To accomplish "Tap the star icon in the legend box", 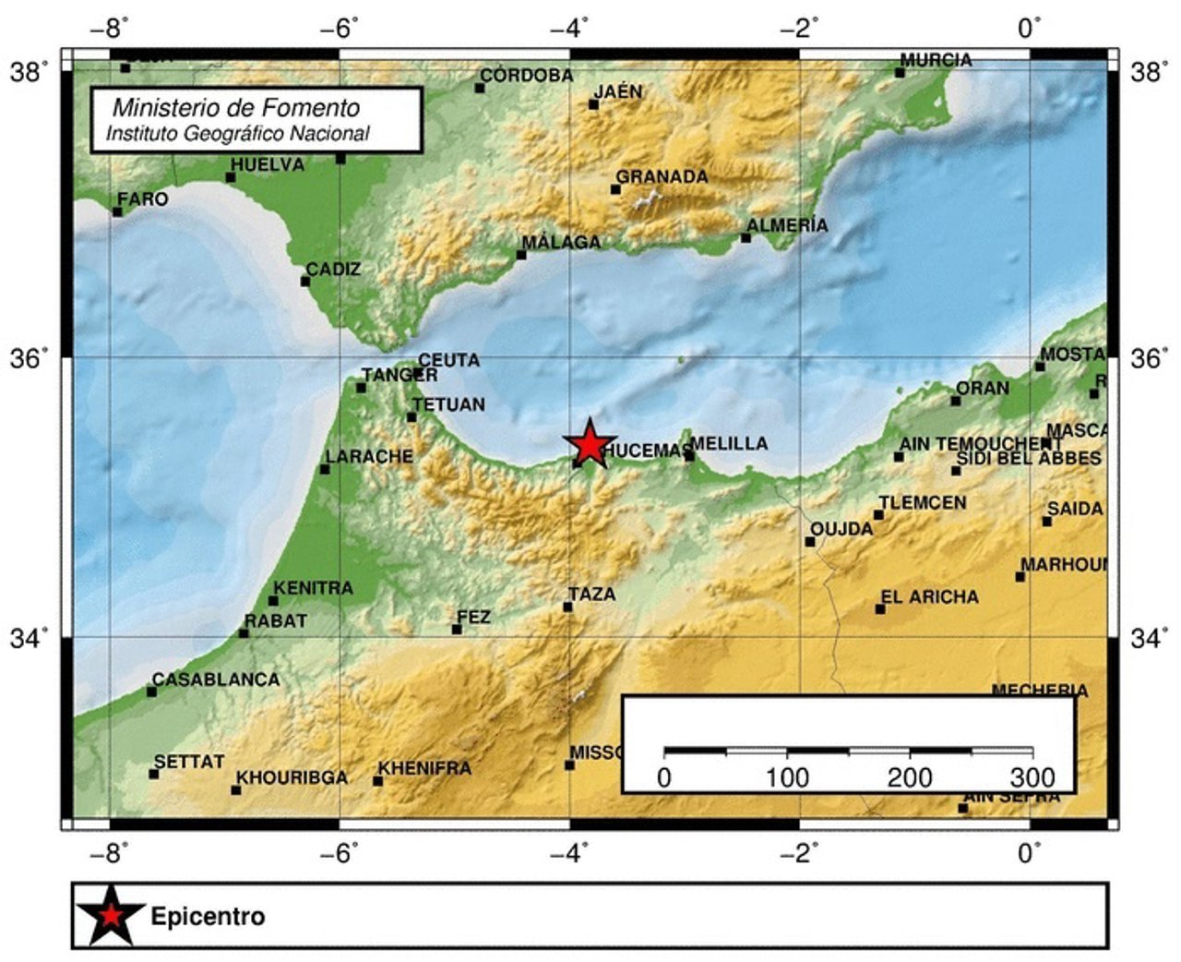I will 111,916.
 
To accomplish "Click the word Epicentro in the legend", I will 208,917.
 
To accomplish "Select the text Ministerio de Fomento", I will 236,107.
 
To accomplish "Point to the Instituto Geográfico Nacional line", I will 238,133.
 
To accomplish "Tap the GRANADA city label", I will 662,176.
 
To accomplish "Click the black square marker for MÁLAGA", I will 521,255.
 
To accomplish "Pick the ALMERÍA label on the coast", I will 787,225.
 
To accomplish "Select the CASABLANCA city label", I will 215,679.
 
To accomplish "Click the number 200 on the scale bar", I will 910,777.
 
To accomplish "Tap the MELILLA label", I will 729,443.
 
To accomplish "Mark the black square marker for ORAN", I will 956,400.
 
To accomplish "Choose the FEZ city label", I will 474,617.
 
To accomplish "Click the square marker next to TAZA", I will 567,607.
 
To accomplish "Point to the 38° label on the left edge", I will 30,71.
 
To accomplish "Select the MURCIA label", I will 936,60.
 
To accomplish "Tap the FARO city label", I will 143,199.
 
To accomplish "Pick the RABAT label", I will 275,621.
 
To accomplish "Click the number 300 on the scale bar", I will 1032,777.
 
